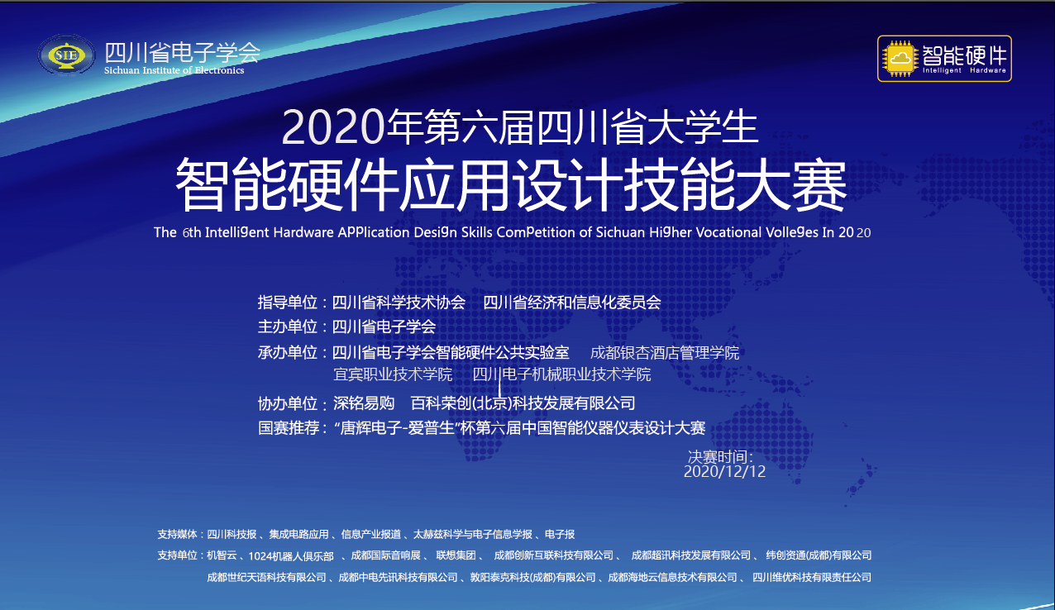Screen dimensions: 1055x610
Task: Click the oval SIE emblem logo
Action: (66, 55)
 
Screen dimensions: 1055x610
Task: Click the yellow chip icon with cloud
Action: (900, 59)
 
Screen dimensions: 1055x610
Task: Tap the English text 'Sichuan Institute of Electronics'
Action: (174, 70)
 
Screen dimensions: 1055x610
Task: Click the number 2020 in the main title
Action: (333, 127)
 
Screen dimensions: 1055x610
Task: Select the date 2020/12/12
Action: (724, 472)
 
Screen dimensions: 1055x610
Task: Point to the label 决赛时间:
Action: (721, 456)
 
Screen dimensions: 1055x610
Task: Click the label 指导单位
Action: (287, 303)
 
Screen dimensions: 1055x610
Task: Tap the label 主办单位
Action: (287, 326)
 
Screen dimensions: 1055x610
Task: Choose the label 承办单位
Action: (287, 353)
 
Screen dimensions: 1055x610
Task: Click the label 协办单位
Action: (287, 404)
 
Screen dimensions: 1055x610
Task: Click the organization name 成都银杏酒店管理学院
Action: (665, 353)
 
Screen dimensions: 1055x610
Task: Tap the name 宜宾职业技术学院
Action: (393, 374)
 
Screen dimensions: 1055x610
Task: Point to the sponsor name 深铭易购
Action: (364, 403)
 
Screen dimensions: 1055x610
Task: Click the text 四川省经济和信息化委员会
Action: (572, 303)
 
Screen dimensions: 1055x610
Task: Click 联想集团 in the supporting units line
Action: (456, 555)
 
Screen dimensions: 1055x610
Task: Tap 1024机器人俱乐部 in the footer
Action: (291, 556)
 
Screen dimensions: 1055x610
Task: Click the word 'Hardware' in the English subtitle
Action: (303, 232)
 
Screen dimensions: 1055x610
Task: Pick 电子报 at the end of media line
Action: (560, 534)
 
